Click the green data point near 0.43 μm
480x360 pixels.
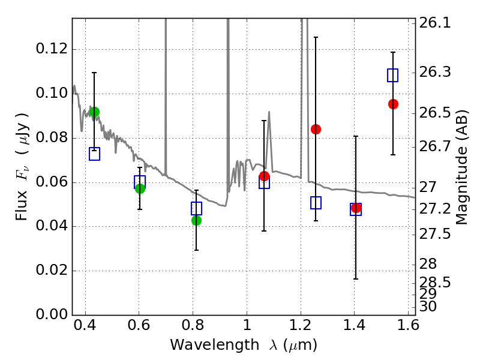pos(94,112)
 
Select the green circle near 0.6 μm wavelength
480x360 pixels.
pos(140,188)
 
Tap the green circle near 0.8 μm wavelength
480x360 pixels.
pos(196,220)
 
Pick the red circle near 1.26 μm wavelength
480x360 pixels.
pos(316,129)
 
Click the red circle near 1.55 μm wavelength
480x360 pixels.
pos(393,104)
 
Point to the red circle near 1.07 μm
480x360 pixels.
pos(264,176)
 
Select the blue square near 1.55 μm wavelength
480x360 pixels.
pos(393,75)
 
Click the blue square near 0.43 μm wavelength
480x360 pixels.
pos(94,154)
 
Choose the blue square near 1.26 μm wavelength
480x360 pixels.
pos(316,203)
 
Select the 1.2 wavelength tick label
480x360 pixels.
pos(300,328)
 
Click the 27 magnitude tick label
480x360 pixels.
pos(429,187)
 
